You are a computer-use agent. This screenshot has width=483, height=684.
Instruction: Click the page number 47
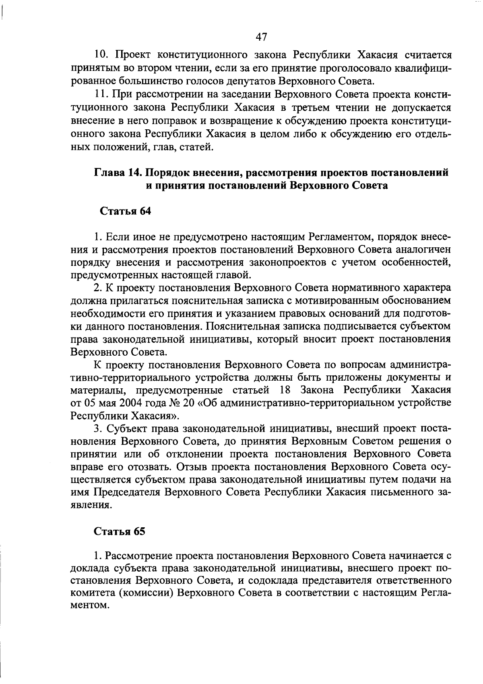pos(261,37)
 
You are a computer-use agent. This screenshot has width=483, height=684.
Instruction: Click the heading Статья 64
pos(125,211)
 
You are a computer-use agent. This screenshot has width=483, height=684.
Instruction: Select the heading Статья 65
pos(120,531)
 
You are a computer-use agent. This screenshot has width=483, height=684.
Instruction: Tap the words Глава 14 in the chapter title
pos(117,173)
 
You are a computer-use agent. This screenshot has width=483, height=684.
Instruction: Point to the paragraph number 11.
pos(102,95)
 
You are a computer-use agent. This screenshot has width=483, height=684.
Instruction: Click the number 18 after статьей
pos(285,390)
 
